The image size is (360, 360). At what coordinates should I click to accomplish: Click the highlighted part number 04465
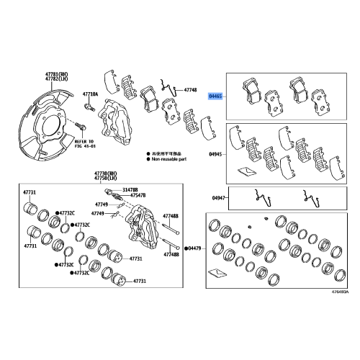point(215,95)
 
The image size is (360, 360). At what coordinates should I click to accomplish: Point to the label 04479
point(194,248)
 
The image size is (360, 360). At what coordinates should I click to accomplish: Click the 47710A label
point(90,94)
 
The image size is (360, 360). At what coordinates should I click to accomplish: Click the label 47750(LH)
point(105,180)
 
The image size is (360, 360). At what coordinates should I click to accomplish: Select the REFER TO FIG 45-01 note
point(84,145)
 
